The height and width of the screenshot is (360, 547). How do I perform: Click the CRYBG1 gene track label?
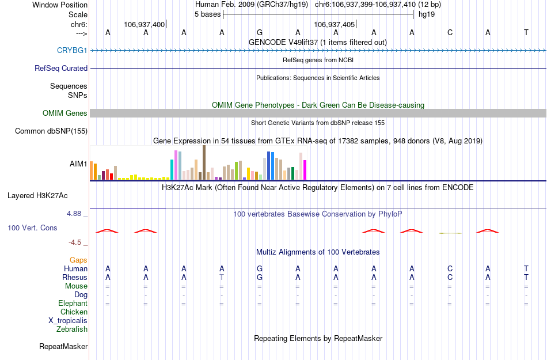click(x=72, y=51)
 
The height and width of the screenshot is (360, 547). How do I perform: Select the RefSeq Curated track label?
click(x=61, y=68)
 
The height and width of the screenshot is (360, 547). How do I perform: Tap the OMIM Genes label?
click(x=65, y=113)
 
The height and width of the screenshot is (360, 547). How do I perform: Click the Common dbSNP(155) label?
click(x=51, y=131)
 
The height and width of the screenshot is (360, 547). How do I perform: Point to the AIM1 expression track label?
click(x=78, y=164)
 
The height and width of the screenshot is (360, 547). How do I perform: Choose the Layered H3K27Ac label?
click(x=37, y=195)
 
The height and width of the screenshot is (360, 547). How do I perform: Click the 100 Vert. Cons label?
click(x=32, y=228)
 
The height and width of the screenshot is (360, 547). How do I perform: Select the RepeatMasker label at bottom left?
click(x=63, y=347)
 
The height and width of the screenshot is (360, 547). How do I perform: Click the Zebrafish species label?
click(x=72, y=329)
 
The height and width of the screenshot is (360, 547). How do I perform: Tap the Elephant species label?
click(x=73, y=304)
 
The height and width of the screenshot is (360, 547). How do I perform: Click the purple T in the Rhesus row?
click(x=222, y=277)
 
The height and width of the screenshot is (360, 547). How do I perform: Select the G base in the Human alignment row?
click(x=260, y=268)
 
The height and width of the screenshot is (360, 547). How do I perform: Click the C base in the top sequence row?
click(x=450, y=32)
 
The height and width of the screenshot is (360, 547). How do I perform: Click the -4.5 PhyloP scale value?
click(x=75, y=242)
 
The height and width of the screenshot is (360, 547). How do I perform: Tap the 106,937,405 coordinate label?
click(x=334, y=24)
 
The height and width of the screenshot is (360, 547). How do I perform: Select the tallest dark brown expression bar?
click(x=204, y=162)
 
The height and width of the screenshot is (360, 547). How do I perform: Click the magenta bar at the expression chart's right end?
click(x=305, y=170)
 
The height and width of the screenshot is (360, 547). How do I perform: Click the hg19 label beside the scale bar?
click(x=427, y=14)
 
